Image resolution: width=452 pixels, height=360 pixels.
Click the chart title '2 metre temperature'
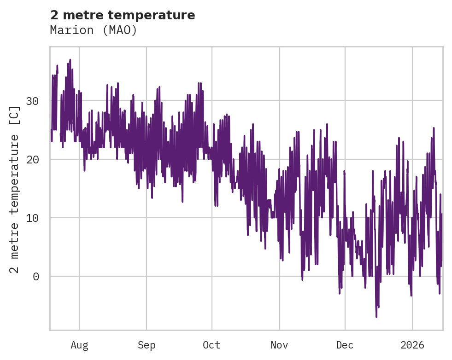point(123,15)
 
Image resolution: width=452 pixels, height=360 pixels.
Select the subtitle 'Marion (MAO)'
point(94,30)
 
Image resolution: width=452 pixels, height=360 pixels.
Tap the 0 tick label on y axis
point(35,276)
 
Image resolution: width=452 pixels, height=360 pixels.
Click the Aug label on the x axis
point(79,345)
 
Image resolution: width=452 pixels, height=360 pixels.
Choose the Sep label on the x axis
point(147,345)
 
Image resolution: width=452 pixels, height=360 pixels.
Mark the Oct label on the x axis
point(212,345)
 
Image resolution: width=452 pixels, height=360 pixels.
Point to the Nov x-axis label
point(279,345)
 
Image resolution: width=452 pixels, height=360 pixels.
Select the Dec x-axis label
point(345,345)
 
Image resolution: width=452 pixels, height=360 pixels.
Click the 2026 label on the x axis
point(412,345)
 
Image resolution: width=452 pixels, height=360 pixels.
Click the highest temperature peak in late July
point(70,60)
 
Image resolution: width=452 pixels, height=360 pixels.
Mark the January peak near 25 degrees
point(434,128)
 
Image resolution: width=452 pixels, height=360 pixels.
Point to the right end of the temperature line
point(442,214)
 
